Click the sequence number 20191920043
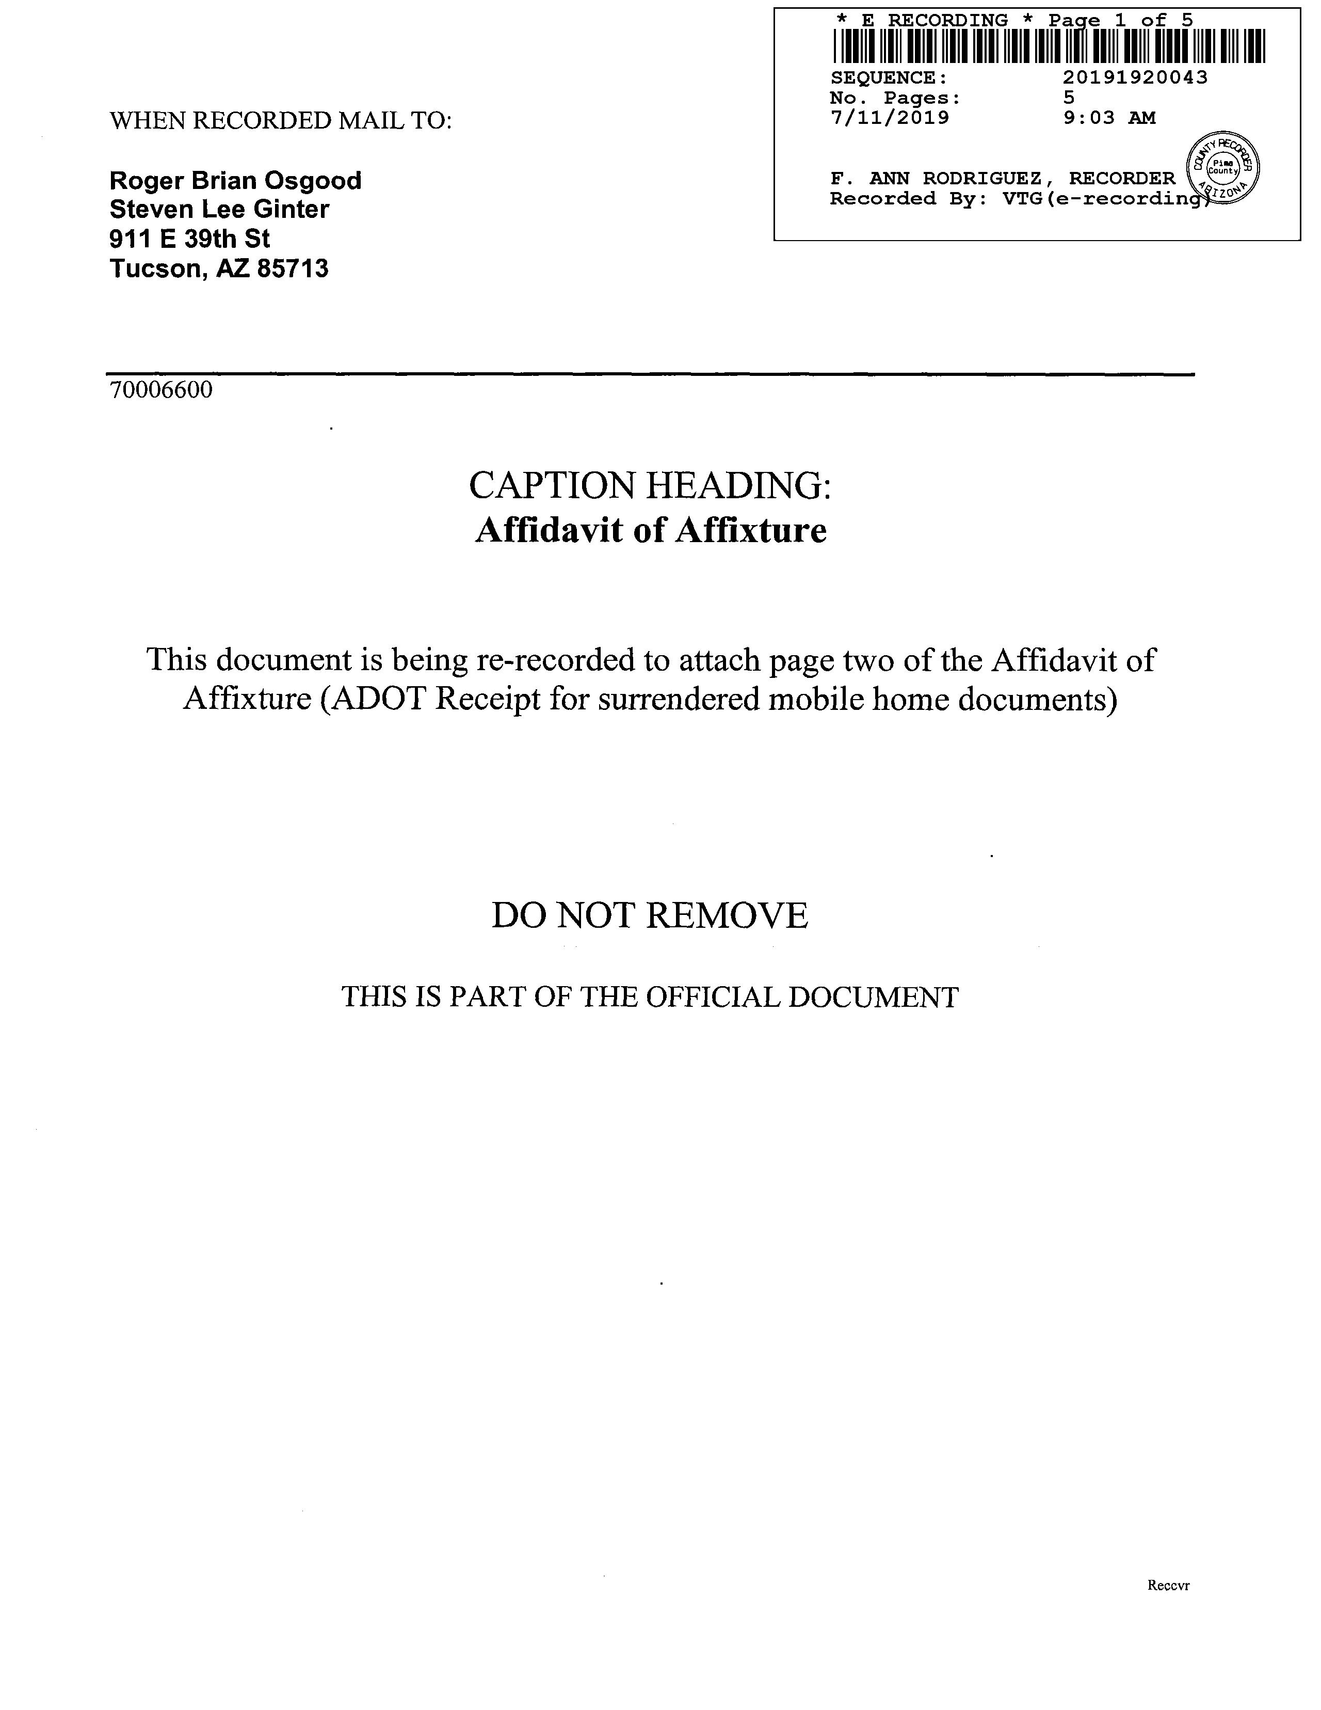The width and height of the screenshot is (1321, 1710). [x=1135, y=77]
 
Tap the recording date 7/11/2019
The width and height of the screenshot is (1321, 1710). [x=889, y=118]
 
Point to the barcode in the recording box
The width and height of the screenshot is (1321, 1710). [x=1048, y=46]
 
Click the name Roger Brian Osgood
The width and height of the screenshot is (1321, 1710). [x=235, y=181]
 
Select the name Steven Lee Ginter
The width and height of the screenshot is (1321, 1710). [x=219, y=210]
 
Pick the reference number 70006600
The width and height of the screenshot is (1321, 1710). [x=161, y=390]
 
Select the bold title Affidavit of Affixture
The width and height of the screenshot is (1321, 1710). [x=650, y=531]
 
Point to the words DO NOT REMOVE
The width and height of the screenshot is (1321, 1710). [x=650, y=915]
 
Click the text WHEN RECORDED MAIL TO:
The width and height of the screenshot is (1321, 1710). [x=280, y=121]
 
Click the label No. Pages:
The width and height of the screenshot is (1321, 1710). [x=894, y=98]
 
